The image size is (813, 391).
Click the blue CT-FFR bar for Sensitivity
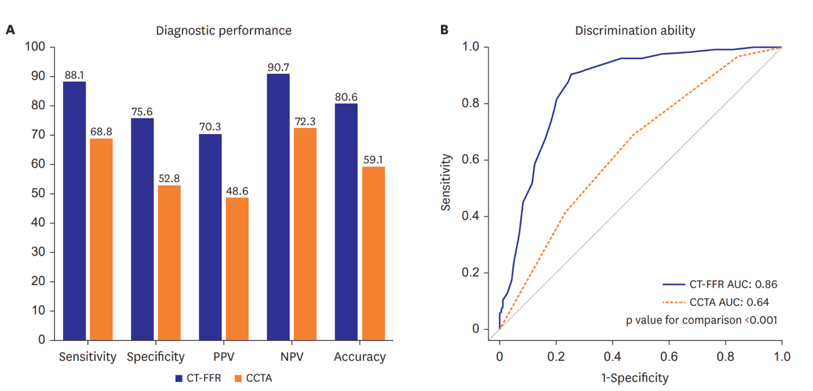tap(74, 211)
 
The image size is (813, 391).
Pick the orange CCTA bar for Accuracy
tap(373, 253)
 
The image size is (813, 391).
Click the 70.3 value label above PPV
tap(210, 127)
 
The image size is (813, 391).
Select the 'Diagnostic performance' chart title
tap(224, 30)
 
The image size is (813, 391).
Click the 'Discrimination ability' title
tap(635, 30)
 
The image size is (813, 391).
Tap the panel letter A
tap(10, 30)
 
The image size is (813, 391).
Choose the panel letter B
tap(444, 30)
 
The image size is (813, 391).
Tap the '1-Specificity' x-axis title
tap(635, 378)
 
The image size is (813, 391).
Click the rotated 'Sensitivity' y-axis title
tap(446, 183)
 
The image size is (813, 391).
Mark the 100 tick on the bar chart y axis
tap(35, 47)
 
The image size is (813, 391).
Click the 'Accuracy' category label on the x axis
tap(359, 357)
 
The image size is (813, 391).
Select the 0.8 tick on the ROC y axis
tap(471, 103)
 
